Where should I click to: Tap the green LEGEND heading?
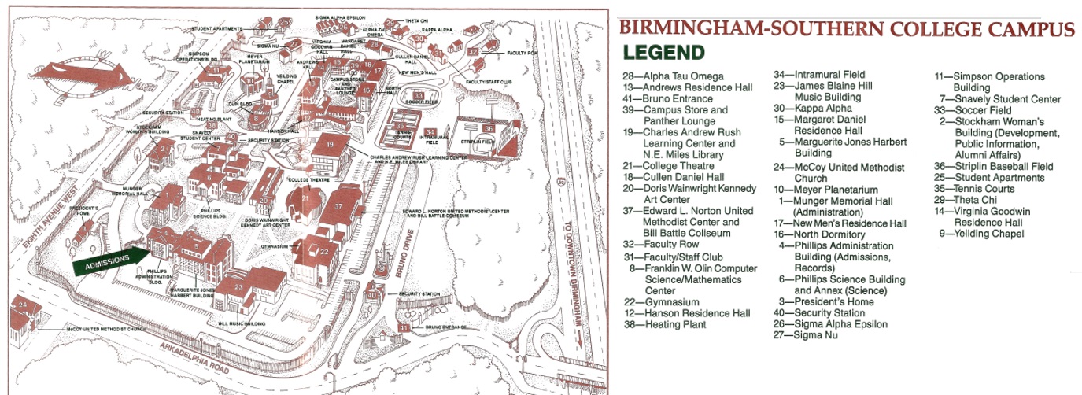point(663,54)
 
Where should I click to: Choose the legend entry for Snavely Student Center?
point(1000,99)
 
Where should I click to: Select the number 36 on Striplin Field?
point(489,128)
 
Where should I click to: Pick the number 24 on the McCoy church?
point(22,304)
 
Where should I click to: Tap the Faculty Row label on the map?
point(522,53)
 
